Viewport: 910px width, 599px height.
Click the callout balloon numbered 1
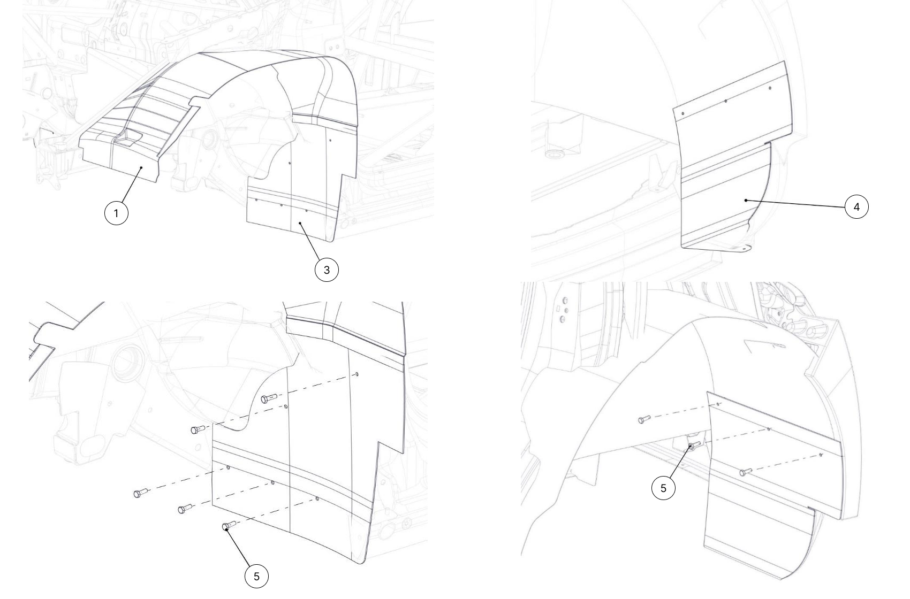coord(116,213)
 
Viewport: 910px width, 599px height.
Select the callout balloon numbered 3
coord(327,270)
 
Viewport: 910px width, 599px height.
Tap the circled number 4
coord(856,207)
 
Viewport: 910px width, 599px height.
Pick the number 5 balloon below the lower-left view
coord(256,577)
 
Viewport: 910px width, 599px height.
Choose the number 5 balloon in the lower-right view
coord(663,488)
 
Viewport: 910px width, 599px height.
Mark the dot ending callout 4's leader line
coord(746,200)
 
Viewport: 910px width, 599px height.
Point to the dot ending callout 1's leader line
coord(141,167)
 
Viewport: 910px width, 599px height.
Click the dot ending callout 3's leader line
coord(300,223)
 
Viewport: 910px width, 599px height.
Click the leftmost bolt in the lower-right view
coord(644,419)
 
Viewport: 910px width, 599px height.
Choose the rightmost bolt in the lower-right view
coord(746,471)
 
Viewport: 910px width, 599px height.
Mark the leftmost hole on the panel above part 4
coord(683,113)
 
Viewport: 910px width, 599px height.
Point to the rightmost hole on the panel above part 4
coord(770,88)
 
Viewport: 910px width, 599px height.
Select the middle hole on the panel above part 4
coord(726,101)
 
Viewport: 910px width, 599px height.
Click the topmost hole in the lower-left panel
coord(357,374)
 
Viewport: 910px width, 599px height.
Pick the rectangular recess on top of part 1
coord(128,139)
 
